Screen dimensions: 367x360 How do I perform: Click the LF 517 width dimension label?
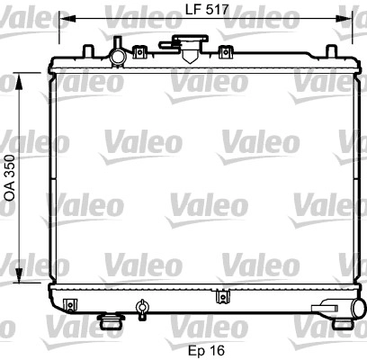[x=207, y=10]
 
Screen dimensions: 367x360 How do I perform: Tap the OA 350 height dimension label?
[x=10, y=177]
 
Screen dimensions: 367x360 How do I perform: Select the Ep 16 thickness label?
[x=206, y=350]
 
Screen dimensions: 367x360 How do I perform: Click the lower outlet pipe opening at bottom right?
[x=359, y=309]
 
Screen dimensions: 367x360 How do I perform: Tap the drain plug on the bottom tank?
[x=141, y=309]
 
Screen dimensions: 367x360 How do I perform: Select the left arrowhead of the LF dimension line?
[x=67, y=18]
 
